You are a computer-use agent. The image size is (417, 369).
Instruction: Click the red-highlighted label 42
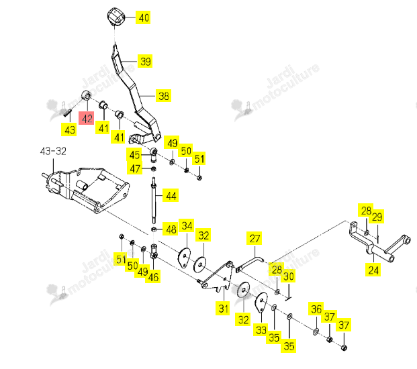[x=87, y=118]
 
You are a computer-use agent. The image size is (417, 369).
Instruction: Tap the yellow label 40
[x=143, y=17]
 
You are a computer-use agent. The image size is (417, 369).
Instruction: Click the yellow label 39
[x=145, y=61]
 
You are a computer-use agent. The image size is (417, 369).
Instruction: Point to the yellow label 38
[x=163, y=95]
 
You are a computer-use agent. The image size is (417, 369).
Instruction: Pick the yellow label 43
[x=69, y=129]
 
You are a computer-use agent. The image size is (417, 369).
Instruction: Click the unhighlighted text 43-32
[x=53, y=151]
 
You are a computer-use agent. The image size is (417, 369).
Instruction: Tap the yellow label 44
[x=171, y=195]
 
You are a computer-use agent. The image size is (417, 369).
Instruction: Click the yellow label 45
[x=134, y=154]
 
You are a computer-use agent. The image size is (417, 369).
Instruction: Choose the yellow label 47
[x=134, y=168]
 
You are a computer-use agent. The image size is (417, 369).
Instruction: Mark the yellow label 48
[x=171, y=229]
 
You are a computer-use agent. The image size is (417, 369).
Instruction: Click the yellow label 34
[x=187, y=225]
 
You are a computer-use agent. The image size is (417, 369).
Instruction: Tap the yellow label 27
[x=254, y=238]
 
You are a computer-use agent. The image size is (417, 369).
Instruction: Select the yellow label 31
[x=223, y=309]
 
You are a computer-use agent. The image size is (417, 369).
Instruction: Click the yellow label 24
[x=373, y=270]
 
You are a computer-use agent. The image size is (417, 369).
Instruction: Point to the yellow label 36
[x=316, y=309]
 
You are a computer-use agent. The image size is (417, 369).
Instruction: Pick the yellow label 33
[x=261, y=329]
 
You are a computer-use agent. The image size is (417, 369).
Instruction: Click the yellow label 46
[x=152, y=276]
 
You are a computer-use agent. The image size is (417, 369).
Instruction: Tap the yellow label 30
[x=289, y=276]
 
